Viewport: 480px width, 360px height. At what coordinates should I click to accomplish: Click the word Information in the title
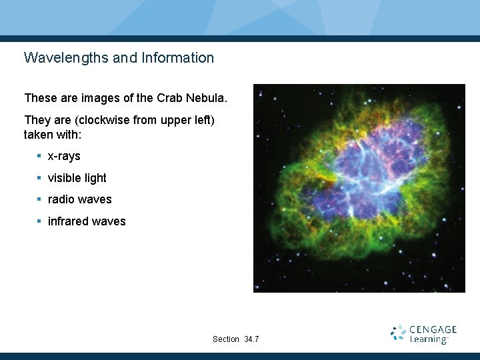177,58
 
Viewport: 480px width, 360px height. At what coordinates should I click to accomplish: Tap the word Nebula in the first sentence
207,98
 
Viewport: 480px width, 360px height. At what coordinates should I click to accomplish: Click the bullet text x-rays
64,156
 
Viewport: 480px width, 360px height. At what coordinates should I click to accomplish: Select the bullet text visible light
77,178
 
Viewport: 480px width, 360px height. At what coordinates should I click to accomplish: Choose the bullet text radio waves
79,199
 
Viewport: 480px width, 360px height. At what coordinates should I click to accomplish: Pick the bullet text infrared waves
87,221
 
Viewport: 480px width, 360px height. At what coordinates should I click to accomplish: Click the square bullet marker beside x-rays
39,156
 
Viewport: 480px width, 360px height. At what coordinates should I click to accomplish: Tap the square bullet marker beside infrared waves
39,221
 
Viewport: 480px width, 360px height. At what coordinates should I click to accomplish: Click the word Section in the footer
225,339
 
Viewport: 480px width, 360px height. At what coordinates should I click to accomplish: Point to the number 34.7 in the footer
251,339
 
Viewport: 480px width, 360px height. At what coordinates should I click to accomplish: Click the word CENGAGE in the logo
433,329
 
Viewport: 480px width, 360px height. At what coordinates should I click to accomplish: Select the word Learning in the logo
429,339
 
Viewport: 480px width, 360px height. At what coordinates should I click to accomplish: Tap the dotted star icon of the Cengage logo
399,333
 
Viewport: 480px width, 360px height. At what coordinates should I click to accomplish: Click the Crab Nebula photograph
359,188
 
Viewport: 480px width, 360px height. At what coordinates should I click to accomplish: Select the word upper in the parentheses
174,120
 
